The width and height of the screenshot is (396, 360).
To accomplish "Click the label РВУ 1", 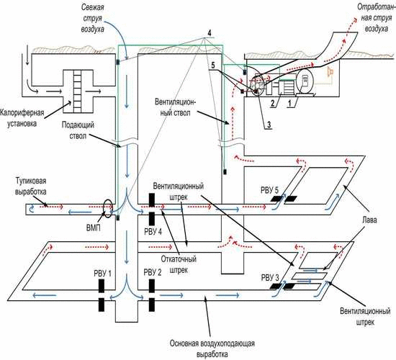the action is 102,274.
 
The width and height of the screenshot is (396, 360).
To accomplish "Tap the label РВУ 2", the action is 153,273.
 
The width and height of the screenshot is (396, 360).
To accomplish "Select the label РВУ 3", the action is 270,278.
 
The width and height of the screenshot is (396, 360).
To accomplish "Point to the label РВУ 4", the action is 153,232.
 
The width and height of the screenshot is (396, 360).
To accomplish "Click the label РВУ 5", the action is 269,190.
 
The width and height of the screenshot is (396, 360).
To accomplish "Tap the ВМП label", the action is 94,228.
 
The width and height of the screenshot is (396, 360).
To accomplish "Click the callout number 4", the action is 210,33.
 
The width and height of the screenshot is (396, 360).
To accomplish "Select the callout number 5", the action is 213,66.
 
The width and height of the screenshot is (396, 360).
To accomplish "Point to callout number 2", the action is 272,104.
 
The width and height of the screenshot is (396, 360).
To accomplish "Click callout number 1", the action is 289,104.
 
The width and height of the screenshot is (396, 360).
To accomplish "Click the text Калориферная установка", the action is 22,118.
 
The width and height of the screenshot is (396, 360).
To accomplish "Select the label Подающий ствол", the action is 78,130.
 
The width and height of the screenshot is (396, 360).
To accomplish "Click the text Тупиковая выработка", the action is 31,186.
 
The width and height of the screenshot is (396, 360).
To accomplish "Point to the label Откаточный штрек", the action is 179,264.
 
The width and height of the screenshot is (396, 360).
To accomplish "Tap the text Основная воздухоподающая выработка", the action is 212,348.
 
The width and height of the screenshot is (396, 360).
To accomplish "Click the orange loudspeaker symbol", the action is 330,72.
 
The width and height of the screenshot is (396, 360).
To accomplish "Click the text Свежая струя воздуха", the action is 92,18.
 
